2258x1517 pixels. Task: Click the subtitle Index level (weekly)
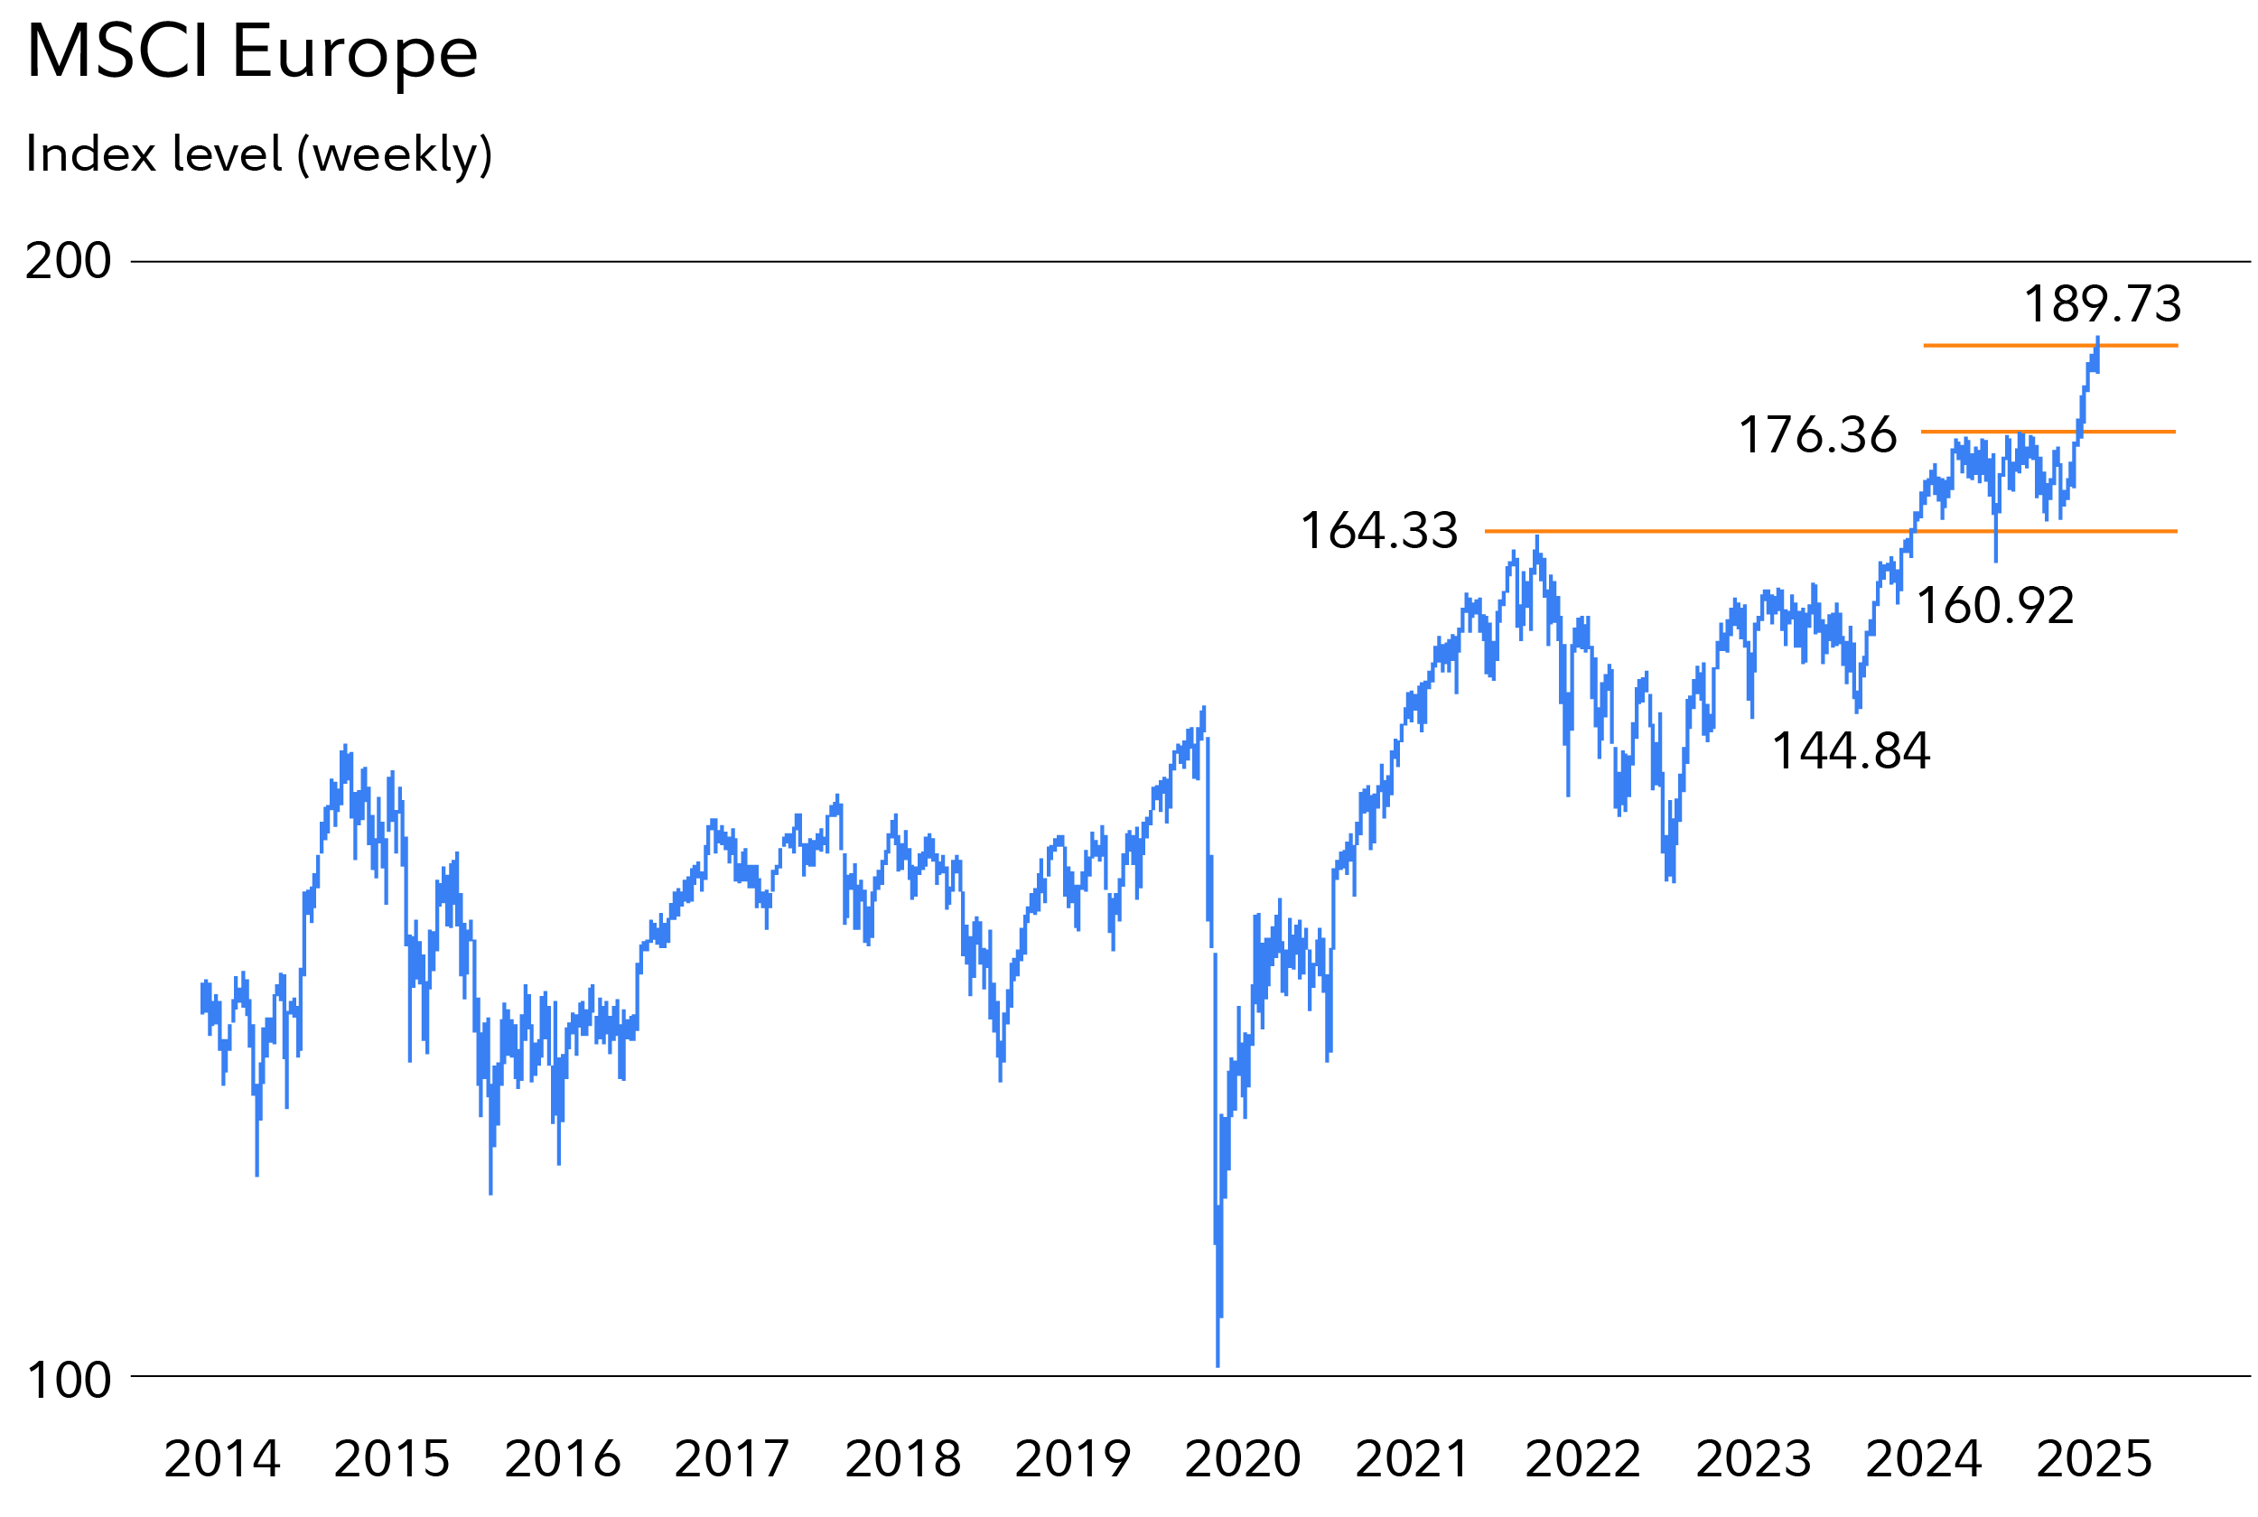[258, 154]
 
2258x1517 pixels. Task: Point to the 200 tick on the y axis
[68, 261]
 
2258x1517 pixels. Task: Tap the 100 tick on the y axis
[68, 1381]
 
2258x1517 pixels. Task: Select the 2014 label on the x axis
[221, 1459]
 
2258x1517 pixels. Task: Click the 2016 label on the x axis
[562, 1459]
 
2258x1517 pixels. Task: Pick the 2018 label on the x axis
[902, 1459]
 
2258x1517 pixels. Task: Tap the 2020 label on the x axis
[1242, 1459]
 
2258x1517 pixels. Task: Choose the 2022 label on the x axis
[1582, 1459]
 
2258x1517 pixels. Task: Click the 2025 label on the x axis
[2094, 1459]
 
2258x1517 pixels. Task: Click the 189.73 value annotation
[2103, 305]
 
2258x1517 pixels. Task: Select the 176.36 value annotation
[1818, 435]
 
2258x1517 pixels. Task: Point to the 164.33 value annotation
[1378, 531]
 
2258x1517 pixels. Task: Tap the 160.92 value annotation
[1995, 607]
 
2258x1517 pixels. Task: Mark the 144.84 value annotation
[1851, 751]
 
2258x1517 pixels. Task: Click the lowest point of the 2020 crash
[1217, 1364]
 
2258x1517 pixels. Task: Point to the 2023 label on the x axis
[1753, 1459]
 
